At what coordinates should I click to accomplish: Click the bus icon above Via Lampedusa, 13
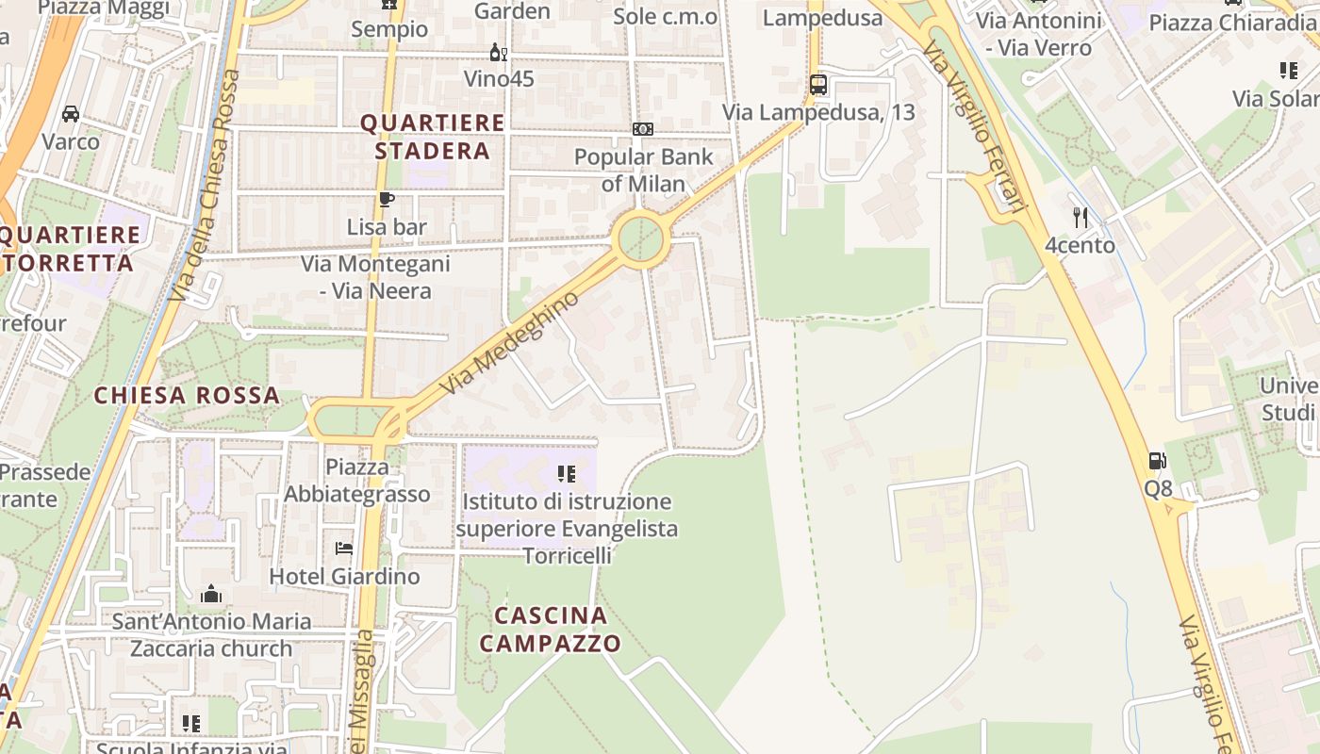[x=818, y=85]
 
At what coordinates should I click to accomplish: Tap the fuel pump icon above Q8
[x=1158, y=461]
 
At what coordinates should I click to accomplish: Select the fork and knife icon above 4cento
[x=1081, y=218]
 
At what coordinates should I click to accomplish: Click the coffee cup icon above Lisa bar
[x=386, y=199]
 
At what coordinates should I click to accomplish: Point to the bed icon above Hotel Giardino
[x=344, y=548]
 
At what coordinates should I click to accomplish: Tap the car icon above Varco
[x=71, y=114]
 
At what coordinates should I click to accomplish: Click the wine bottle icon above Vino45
[x=498, y=53]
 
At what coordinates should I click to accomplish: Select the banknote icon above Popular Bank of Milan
[x=643, y=129]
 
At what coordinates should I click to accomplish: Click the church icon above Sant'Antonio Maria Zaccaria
[x=211, y=594]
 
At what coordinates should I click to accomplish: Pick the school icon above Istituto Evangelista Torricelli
[x=566, y=473]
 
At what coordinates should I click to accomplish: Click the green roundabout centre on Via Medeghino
[x=641, y=238]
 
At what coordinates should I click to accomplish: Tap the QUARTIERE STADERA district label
[x=433, y=137]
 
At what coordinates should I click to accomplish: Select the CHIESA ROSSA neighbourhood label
[x=187, y=395]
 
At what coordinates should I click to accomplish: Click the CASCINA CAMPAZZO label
[x=551, y=630]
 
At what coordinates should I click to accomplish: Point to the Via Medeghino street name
[x=509, y=343]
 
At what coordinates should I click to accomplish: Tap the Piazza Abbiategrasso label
[x=356, y=481]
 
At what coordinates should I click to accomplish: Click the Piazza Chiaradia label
[x=1230, y=23]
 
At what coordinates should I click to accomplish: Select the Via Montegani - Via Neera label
[x=375, y=277]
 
